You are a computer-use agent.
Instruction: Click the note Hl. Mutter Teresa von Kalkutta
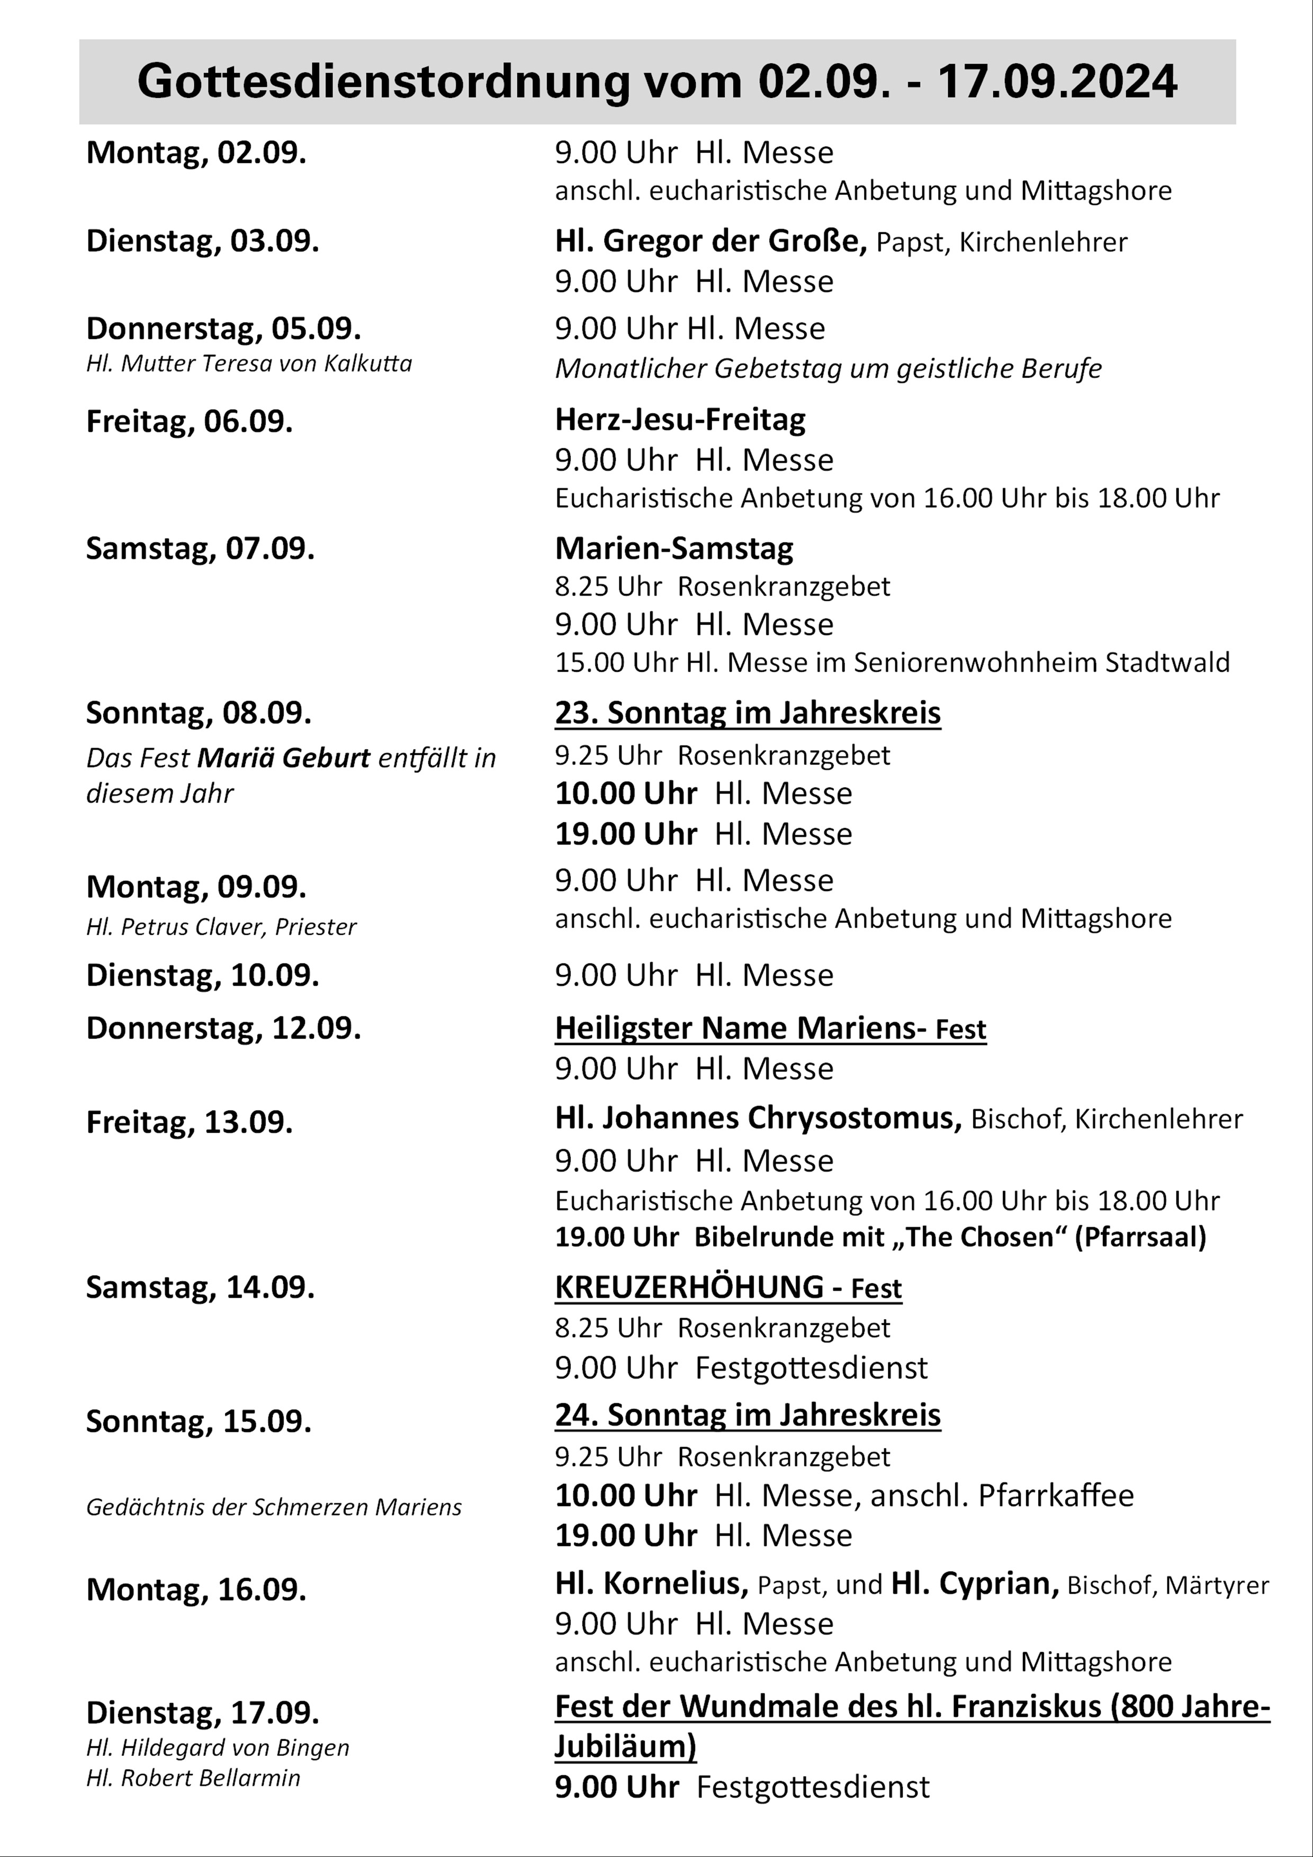coord(248,364)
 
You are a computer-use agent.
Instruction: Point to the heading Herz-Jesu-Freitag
coord(680,419)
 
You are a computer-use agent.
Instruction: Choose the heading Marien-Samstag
coord(673,548)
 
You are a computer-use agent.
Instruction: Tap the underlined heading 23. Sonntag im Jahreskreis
coord(748,714)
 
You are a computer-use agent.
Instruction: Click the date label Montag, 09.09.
coord(196,887)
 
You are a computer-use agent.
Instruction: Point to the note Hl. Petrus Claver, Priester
coord(221,927)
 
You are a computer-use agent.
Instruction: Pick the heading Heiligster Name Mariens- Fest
coord(770,1029)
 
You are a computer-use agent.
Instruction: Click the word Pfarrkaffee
coord(1055,1495)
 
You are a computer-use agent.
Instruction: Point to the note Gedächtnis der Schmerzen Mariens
coord(273,1508)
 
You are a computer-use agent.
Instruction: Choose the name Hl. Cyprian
coord(975,1584)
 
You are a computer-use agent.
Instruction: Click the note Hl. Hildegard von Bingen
coord(218,1748)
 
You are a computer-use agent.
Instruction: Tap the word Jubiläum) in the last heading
coord(625,1747)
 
